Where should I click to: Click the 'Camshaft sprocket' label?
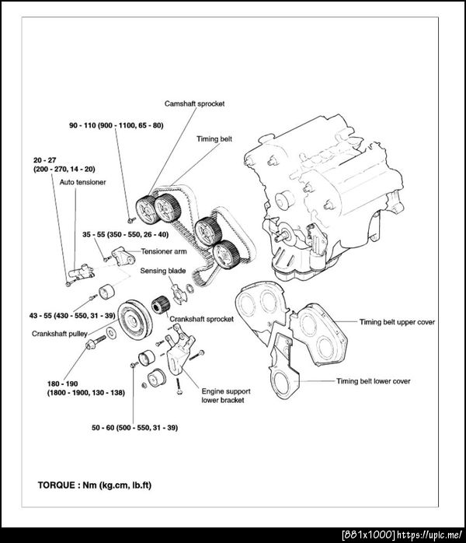pos(195,103)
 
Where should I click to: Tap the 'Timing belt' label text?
pos(214,138)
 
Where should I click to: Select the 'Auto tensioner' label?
pos(82,181)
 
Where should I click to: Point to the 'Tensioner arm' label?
pos(164,251)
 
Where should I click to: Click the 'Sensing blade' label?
pos(162,271)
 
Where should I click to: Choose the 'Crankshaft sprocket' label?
pos(201,319)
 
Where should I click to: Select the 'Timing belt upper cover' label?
pos(397,321)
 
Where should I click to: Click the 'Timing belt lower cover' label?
pos(373,381)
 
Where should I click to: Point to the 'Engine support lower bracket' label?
pos(223,395)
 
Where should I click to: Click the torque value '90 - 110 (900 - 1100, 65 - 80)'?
pos(116,124)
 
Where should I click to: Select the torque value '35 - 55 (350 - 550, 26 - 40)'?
pos(125,233)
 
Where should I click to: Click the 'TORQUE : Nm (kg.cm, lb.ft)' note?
pos(94,485)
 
